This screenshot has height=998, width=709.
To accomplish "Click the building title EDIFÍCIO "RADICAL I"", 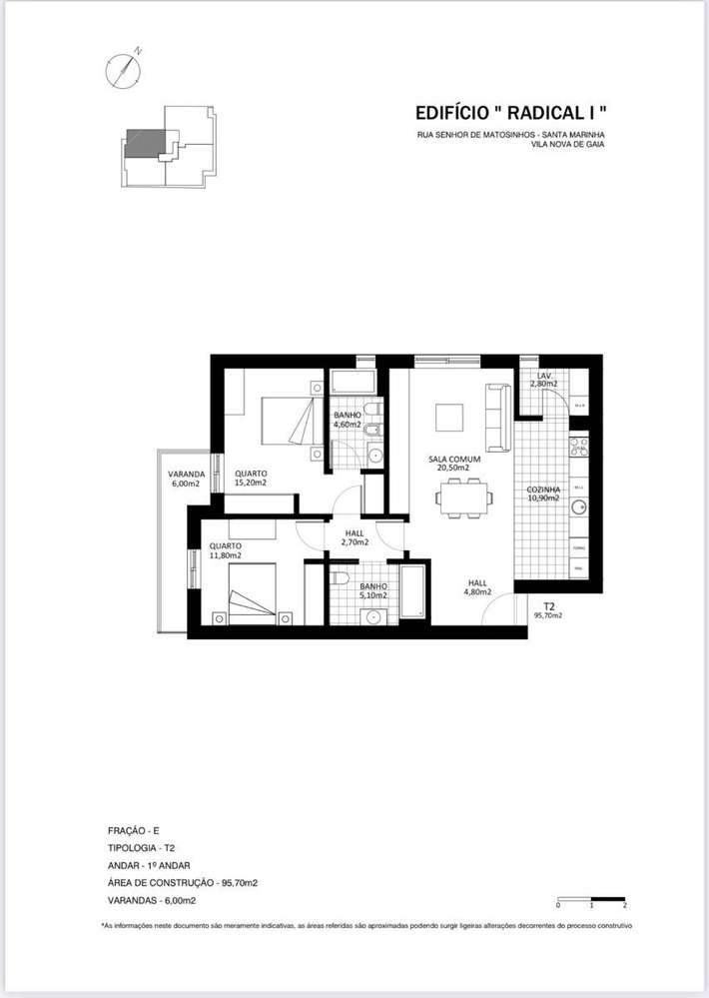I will click(510, 113).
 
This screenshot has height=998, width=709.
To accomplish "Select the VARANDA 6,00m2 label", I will click(186, 479).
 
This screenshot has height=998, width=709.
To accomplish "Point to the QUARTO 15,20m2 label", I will click(251, 479).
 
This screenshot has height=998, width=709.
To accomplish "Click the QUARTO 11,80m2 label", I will click(225, 550).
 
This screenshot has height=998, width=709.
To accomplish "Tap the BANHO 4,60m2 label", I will click(348, 420).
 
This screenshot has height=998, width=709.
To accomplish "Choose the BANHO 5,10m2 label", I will click(373, 591).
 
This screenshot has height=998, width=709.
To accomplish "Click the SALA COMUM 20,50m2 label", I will click(454, 464).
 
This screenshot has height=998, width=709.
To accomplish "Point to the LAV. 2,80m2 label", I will click(543, 380).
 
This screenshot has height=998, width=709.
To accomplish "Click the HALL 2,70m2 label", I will click(354, 537).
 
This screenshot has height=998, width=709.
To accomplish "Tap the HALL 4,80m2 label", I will click(478, 587).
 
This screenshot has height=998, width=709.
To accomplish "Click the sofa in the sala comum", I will click(497, 417).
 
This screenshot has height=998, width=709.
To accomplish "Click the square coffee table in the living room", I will click(449, 417).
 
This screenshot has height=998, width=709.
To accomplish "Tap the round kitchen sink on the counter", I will click(578, 508).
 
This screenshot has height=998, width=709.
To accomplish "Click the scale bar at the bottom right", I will click(590, 899).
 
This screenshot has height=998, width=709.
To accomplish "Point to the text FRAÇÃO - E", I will click(133, 830).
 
